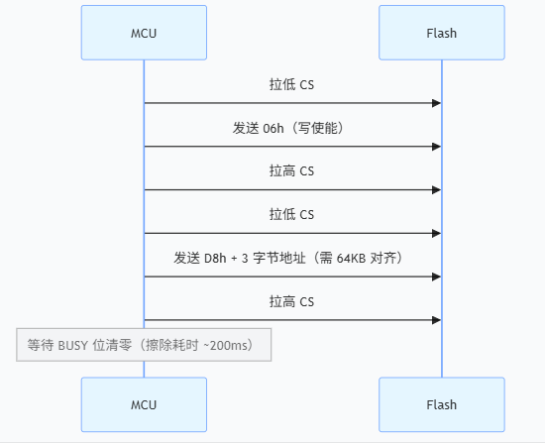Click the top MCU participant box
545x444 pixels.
pos(144,33)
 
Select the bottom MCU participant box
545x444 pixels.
pos(144,404)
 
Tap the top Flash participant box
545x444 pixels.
pos(441,33)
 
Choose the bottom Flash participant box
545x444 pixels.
pos(441,404)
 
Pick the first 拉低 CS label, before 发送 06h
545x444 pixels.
pos(292,85)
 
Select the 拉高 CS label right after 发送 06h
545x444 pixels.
pos(292,171)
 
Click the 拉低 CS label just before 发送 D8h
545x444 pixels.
pos(292,214)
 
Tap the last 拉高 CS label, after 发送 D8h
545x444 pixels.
pos(292,300)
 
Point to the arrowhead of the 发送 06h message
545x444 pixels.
pos(435,147)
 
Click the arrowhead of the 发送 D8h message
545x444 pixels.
pos(435,277)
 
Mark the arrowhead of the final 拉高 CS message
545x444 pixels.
pos(435,319)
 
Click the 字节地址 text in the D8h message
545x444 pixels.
pos(282,258)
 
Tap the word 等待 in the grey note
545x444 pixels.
pos(40,345)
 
